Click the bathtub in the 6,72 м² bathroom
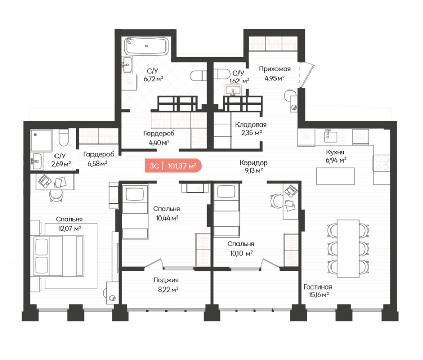pos(146,46)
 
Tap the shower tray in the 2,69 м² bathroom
pos(41,140)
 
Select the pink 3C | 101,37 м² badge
pos(173,166)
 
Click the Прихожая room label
pos(274,69)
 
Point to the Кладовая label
pos(251,124)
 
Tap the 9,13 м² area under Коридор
pos(253,171)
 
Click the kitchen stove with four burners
pos(381,163)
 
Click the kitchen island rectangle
pos(335,176)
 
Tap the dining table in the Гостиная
pos(348,248)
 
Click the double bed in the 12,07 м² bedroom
pos(59,256)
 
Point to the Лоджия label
pos(166,280)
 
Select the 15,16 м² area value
pos(319,294)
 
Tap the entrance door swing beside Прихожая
pos(307,75)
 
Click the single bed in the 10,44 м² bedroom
pos(135,212)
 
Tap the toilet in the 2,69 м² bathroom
pos(64,137)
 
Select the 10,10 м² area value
pos(242,254)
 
